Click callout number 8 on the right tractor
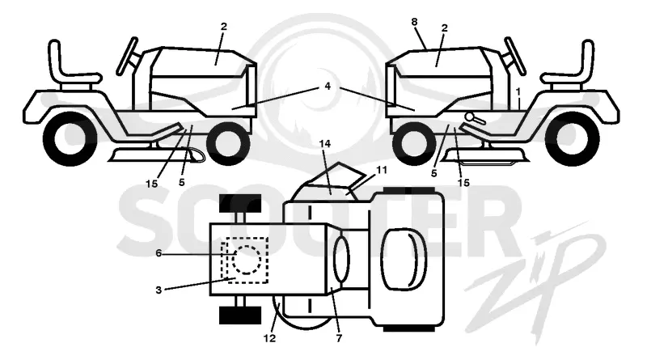pyautogui.click(x=415, y=23)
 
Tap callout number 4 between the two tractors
pyautogui.click(x=328, y=87)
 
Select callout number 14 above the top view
pyautogui.click(x=325, y=144)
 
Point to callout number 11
pyautogui.click(x=382, y=170)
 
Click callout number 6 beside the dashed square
pyautogui.click(x=159, y=253)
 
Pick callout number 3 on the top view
pyautogui.click(x=159, y=290)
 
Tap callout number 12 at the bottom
pyautogui.click(x=269, y=338)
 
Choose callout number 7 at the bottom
pyautogui.click(x=339, y=338)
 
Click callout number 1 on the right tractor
pyautogui.click(x=518, y=91)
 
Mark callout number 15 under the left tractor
pyautogui.click(x=151, y=184)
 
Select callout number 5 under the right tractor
pyautogui.click(x=433, y=174)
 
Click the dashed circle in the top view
pyautogui.click(x=247, y=260)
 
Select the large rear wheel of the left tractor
pyautogui.click(x=70, y=138)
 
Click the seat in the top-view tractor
pyautogui.click(x=404, y=259)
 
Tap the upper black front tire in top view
pyautogui.click(x=240, y=203)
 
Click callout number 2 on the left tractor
pyautogui.click(x=224, y=27)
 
